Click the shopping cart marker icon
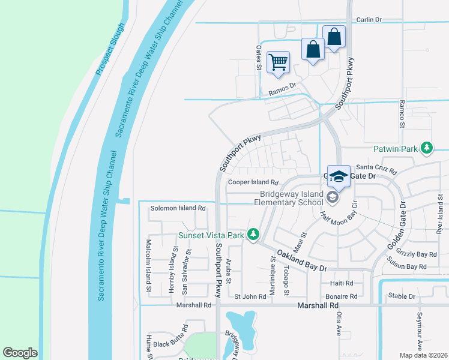[279, 62]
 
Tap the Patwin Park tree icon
[427, 147]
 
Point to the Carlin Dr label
[369, 20]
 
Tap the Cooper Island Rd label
[254, 182]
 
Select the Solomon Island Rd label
[178, 208]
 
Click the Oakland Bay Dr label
[301, 260]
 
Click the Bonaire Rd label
[341, 296]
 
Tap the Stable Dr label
[402, 296]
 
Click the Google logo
[20, 353]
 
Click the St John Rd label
[250, 296]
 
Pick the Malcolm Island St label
[148, 266]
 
